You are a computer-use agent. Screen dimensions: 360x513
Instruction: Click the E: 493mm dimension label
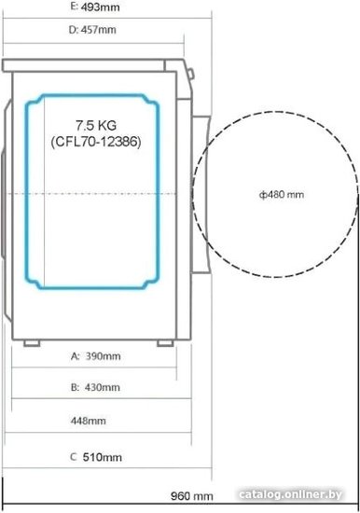[x=95, y=7]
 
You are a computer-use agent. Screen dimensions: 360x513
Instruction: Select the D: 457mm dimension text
[x=92, y=30]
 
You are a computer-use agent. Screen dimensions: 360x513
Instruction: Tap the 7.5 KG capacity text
[x=96, y=125]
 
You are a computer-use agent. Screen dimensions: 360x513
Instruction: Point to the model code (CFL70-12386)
[x=96, y=142]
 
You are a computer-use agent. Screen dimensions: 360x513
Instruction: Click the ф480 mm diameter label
[x=282, y=195]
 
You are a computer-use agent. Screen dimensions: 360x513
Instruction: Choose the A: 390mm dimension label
[x=95, y=356]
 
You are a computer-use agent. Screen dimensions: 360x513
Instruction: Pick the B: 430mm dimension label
[x=95, y=387]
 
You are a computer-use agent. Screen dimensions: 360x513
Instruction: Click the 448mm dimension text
[x=89, y=421]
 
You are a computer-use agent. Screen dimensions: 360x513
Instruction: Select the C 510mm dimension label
[x=96, y=457]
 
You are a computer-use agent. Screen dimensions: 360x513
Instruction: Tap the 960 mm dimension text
[x=192, y=496]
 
